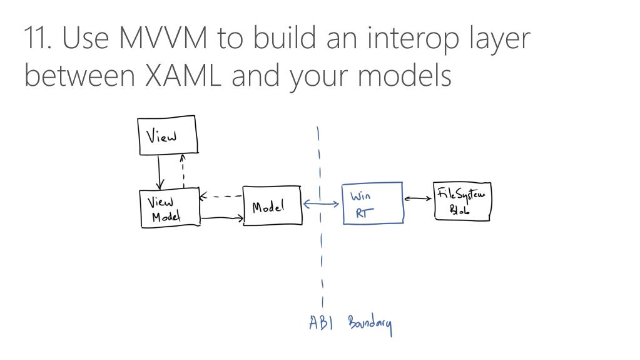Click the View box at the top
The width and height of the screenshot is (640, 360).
[167, 135]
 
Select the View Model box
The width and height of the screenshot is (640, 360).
[169, 208]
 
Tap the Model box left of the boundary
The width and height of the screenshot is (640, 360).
[272, 206]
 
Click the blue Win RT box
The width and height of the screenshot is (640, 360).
[372, 203]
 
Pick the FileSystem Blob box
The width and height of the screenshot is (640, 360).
[462, 202]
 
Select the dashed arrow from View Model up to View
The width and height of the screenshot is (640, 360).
[183, 171]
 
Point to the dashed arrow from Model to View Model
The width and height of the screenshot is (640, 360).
[221, 197]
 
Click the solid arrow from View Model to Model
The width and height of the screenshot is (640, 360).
[222, 218]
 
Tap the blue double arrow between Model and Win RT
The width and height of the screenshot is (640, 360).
[322, 203]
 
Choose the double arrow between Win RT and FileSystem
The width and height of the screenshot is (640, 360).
[418, 199]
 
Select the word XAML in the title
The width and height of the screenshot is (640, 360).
[184, 76]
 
